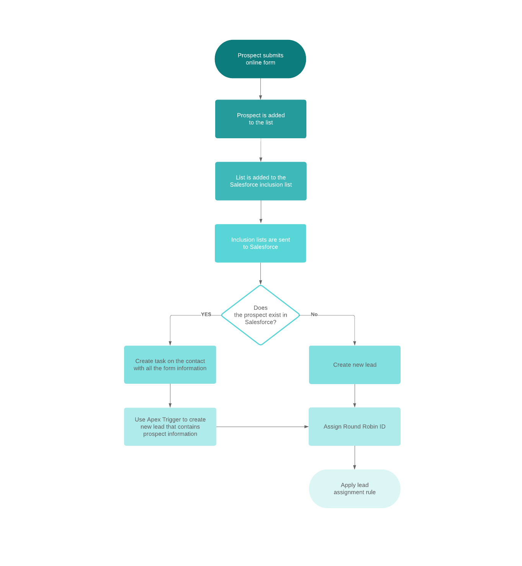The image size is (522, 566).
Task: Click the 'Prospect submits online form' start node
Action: click(260, 59)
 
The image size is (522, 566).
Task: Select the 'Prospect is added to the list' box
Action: click(260, 119)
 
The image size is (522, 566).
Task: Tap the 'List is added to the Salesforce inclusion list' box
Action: click(260, 181)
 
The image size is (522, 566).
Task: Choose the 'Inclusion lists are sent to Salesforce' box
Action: click(260, 243)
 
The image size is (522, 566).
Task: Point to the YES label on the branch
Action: click(206, 314)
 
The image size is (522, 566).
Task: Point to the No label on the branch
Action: click(314, 314)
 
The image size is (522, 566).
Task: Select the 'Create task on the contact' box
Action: click(170, 365)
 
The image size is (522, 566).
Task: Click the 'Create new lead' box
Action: click(355, 365)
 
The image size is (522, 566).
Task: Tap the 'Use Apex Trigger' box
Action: click(170, 427)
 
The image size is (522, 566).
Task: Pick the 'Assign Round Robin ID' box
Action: click(355, 427)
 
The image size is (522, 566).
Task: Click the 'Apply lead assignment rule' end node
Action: click(355, 489)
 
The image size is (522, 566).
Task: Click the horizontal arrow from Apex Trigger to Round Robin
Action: click(262, 427)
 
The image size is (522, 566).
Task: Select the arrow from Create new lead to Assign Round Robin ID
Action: click(355, 396)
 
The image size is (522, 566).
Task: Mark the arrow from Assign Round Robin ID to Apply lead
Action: click(355, 458)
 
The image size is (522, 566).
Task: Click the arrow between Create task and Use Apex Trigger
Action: click(170, 396)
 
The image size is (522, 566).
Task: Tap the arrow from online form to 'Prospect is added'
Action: click(260, 89)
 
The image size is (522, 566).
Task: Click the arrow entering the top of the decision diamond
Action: click(260, 273)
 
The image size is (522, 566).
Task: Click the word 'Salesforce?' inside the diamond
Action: click(260, 322)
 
